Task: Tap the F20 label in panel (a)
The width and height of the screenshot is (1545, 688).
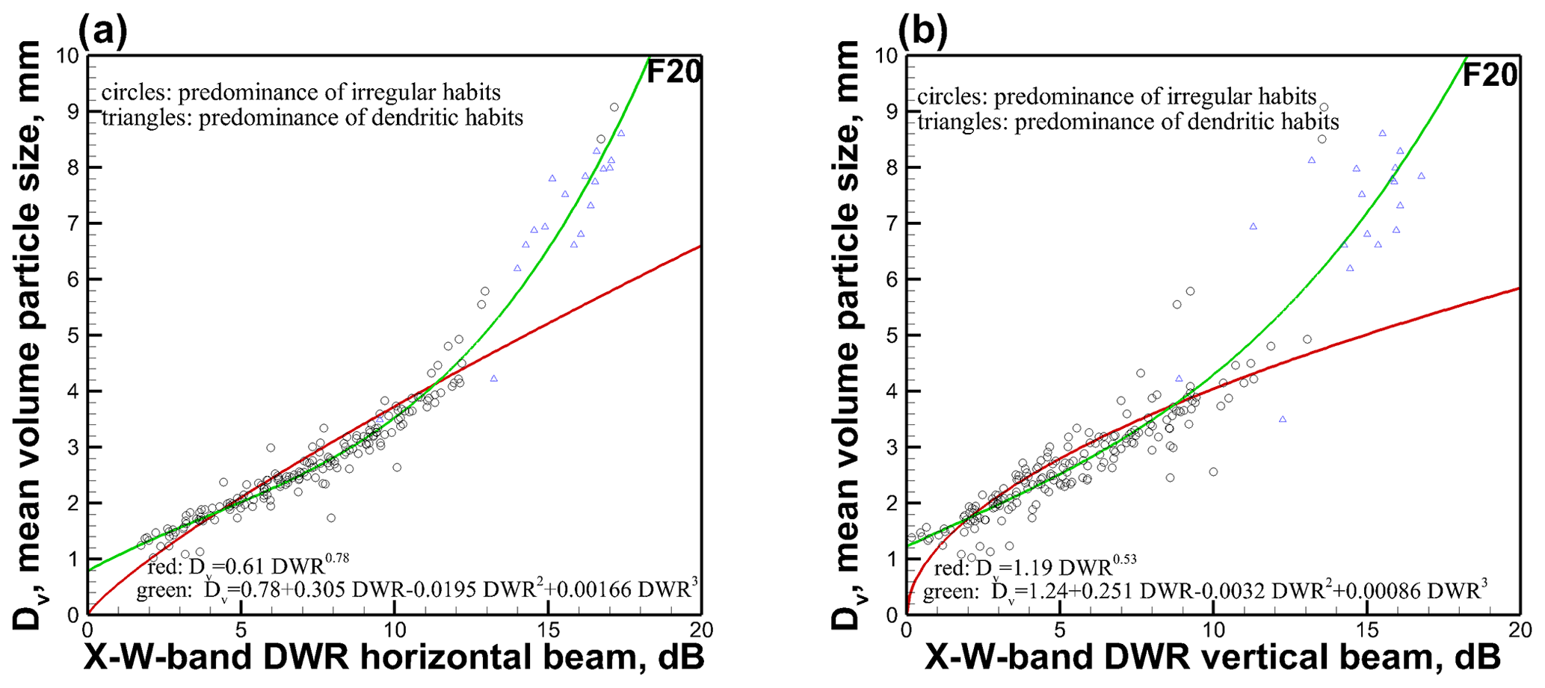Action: click(x=673, y=72)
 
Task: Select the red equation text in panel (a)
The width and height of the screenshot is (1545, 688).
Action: click(x=249, y=564)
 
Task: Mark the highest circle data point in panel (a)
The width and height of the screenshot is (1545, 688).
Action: click(x=614, y=108)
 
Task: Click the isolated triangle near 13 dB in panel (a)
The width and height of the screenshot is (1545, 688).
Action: click(x=494, y=379)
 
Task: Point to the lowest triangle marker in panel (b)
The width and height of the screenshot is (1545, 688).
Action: click(x=1283, y=419)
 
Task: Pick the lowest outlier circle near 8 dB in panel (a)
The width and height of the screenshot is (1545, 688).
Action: click(x=331, y=518)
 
